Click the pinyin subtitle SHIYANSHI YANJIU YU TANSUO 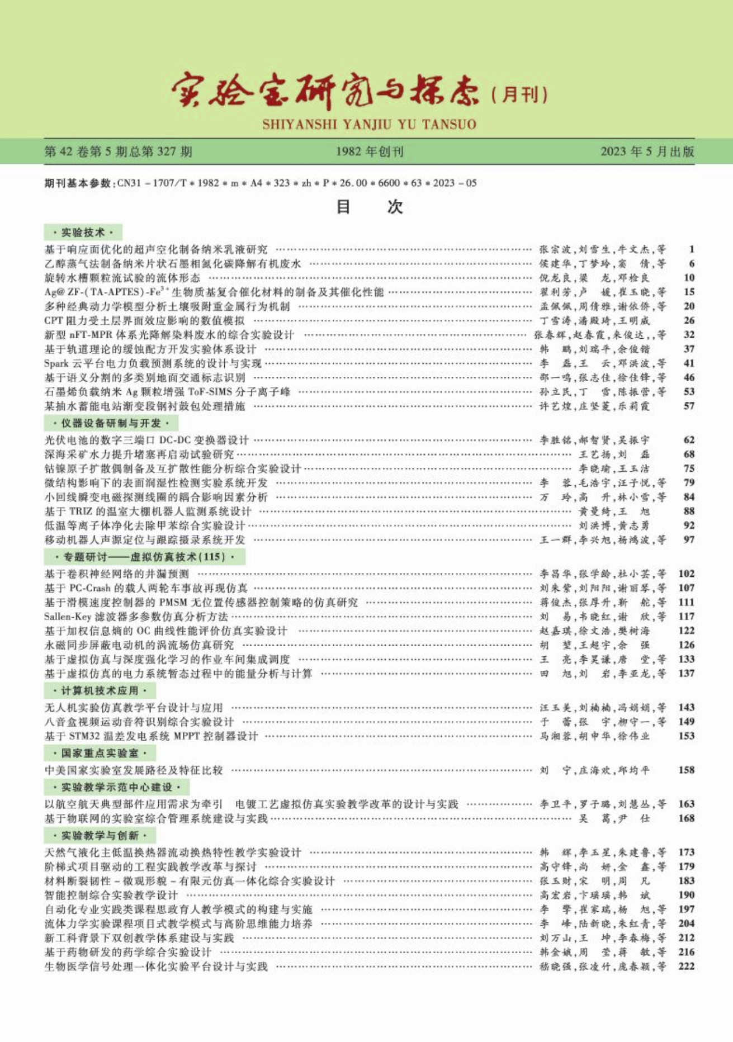coord(369,124)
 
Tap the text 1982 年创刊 coord(370,151)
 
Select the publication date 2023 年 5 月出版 coord(647,151)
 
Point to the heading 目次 coord(369,207)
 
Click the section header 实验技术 coord(83,232)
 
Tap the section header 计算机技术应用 coord(100,690)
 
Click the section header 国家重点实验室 coord(100,753)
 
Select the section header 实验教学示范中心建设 coord(116,787)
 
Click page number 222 coord(686,967)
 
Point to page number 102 coord(686,574)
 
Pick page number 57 coord(689,406)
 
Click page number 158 coord(686,770)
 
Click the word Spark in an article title coord(56,363)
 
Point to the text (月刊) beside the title coord(519,94)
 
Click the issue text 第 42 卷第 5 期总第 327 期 coord(118,151)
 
